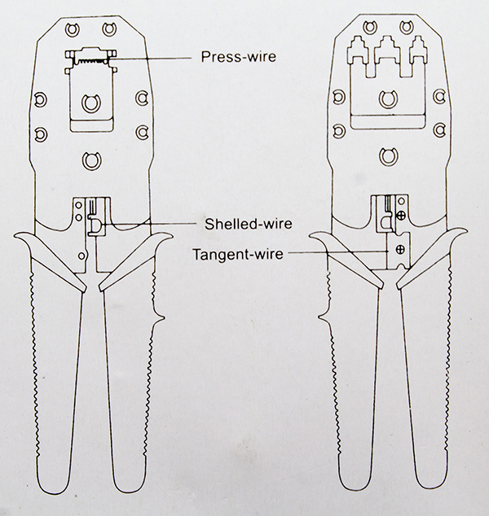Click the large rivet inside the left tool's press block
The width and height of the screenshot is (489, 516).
point(90,104)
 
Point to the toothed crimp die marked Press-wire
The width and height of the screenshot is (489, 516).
point(89,56)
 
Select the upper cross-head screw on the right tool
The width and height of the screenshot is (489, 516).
point(401,216)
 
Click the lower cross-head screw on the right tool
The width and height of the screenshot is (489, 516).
point(401,249)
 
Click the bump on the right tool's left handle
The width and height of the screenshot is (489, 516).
point(327,311)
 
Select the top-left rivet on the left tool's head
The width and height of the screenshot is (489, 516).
point(69,30)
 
